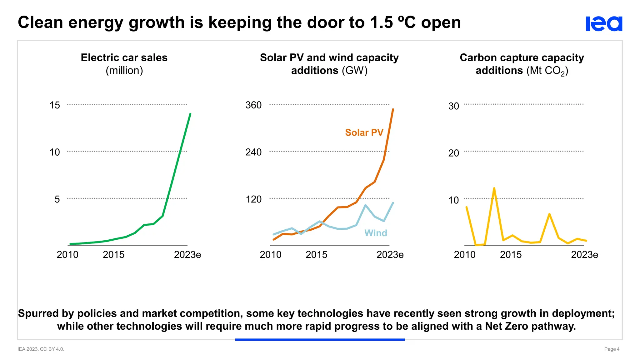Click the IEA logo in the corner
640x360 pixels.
click(x=604, y=24)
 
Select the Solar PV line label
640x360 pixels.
click(x=364, y=132)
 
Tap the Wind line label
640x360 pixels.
click(x=376, y=233)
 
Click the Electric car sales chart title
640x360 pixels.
click(x=124, y=58)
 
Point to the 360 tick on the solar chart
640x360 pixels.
click(x=253, y=105)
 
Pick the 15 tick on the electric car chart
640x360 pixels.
click(x=55, y=105)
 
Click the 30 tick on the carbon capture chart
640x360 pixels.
click(x=454, y=106)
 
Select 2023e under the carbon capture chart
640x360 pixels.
click(x=584, y=255)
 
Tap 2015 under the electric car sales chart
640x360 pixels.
click(x=113, y=255)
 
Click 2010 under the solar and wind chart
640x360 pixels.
click(x=271, y=255)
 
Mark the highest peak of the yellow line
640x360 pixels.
click(x=494, y=188)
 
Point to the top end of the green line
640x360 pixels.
click(x=190, y=114)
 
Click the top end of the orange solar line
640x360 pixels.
click(x=393, y=109)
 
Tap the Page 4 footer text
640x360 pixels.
click(x=612, y=349)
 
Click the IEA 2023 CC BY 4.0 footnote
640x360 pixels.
click(x=41, y=349)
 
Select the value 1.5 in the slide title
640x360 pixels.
click(x=381, y=22)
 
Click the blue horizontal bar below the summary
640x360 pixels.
click(x=320, y=339)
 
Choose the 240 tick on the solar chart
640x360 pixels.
click(x=253, y=152)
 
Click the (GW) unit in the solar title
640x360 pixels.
click(x=354, y=71)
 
